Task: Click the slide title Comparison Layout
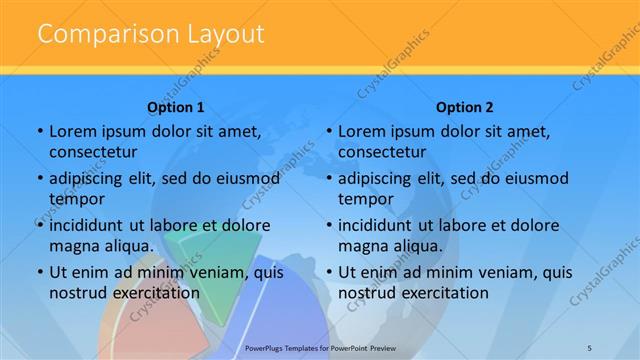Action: coord(150,34)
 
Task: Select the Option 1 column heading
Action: coord(176,107)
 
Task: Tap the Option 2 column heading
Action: coord(465,107)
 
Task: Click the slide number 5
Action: coord(589,347)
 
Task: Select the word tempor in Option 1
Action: coord(76,199)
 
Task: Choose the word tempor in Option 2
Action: coord(365,199)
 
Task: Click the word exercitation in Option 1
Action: coord(155,293)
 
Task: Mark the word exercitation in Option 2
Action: coord(444,293)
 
